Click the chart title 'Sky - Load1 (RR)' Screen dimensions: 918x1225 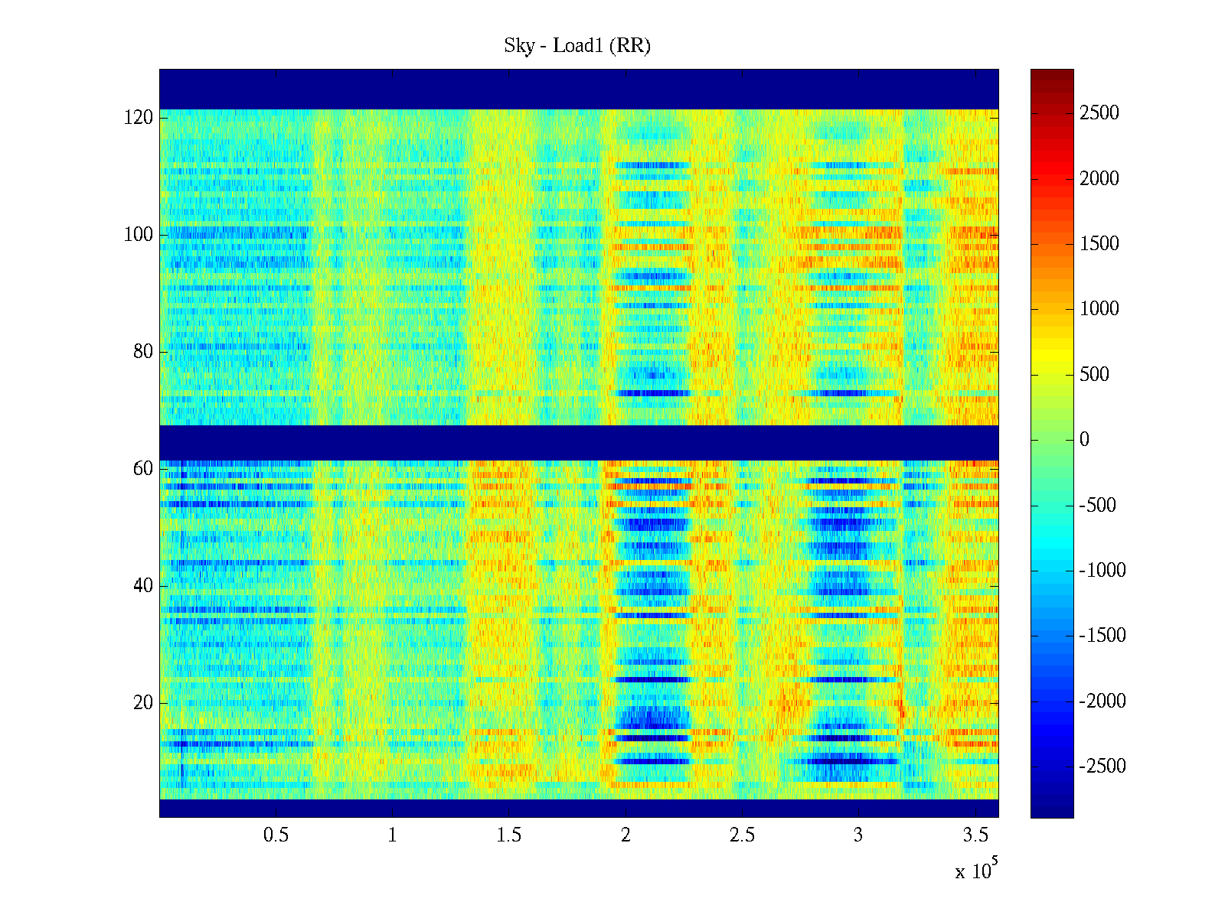577,46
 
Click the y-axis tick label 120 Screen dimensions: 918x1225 139,118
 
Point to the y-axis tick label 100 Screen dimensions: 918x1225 139,235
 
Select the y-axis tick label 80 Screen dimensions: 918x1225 143,352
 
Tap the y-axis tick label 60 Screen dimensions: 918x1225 143,469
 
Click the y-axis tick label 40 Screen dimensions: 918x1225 143,586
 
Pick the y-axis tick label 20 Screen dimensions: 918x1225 143,703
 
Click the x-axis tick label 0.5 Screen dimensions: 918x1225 276,835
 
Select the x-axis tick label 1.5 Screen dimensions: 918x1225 509,835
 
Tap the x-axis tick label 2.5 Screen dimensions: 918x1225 742,835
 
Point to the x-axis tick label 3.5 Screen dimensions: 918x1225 975,835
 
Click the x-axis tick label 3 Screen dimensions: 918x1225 858,835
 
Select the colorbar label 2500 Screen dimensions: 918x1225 1099,113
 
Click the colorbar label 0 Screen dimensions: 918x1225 1084,440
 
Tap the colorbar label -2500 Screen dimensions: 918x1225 1102,767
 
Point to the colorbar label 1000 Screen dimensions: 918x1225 1099,309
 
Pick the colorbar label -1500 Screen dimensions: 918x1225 1102,636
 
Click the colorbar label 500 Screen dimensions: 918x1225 1095,375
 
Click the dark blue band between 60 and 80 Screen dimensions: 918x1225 579,443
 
